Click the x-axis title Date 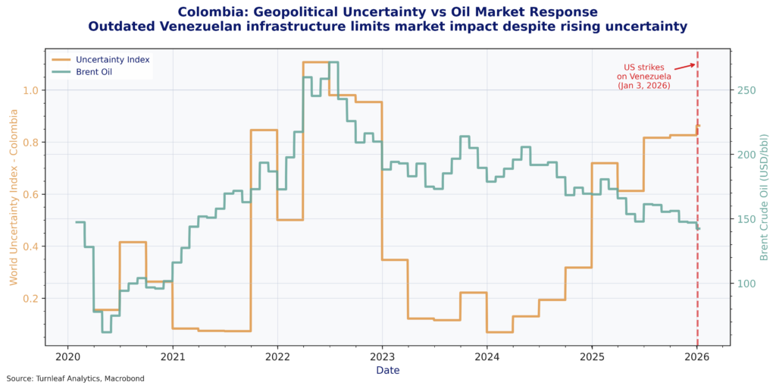pyautogui.click(x=387, y=370)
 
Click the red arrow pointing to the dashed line pyautogui.click(x=684, y=66)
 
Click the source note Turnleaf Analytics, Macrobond pyautogui.click(x=75, y=378)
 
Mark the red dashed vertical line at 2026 pyautogui.click(x=697, y=227)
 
